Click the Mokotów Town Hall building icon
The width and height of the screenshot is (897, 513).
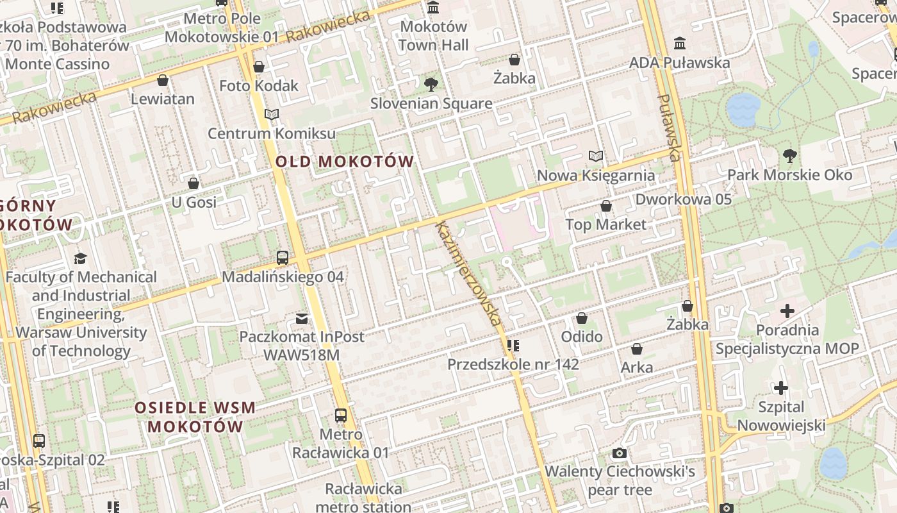tap(433, 8)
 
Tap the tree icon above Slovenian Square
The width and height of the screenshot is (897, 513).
tap(431, 84)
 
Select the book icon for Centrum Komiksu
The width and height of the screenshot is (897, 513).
tap(272, 115)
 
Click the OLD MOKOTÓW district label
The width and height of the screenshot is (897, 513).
tap(345, 162)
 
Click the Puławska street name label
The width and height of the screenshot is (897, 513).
tap(668, 128)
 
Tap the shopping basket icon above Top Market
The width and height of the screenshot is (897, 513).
tap(605, 206)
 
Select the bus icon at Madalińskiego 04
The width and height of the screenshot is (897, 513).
tap(283, 258)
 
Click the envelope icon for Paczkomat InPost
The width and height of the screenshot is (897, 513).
tap(301, 318)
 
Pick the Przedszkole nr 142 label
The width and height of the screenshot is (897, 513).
tap(513, 365)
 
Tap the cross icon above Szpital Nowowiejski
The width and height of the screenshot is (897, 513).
tap(780, 388)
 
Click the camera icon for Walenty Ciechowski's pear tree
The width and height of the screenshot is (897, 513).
tap(619, 453)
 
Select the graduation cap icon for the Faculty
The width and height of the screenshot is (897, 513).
tap(80, 258)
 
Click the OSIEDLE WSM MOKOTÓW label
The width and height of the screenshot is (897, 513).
tap(195, 417)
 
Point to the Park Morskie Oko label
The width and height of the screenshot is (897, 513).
tap(789, 175)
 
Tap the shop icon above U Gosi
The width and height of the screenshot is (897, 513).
tap(193, 184)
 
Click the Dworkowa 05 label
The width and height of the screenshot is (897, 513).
tap(683, 199)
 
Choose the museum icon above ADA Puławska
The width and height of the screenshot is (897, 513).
tap(679, 44)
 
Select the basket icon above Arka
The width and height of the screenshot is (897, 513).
tap(637, 349)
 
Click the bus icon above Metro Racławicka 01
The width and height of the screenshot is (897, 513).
tap(341, 416)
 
